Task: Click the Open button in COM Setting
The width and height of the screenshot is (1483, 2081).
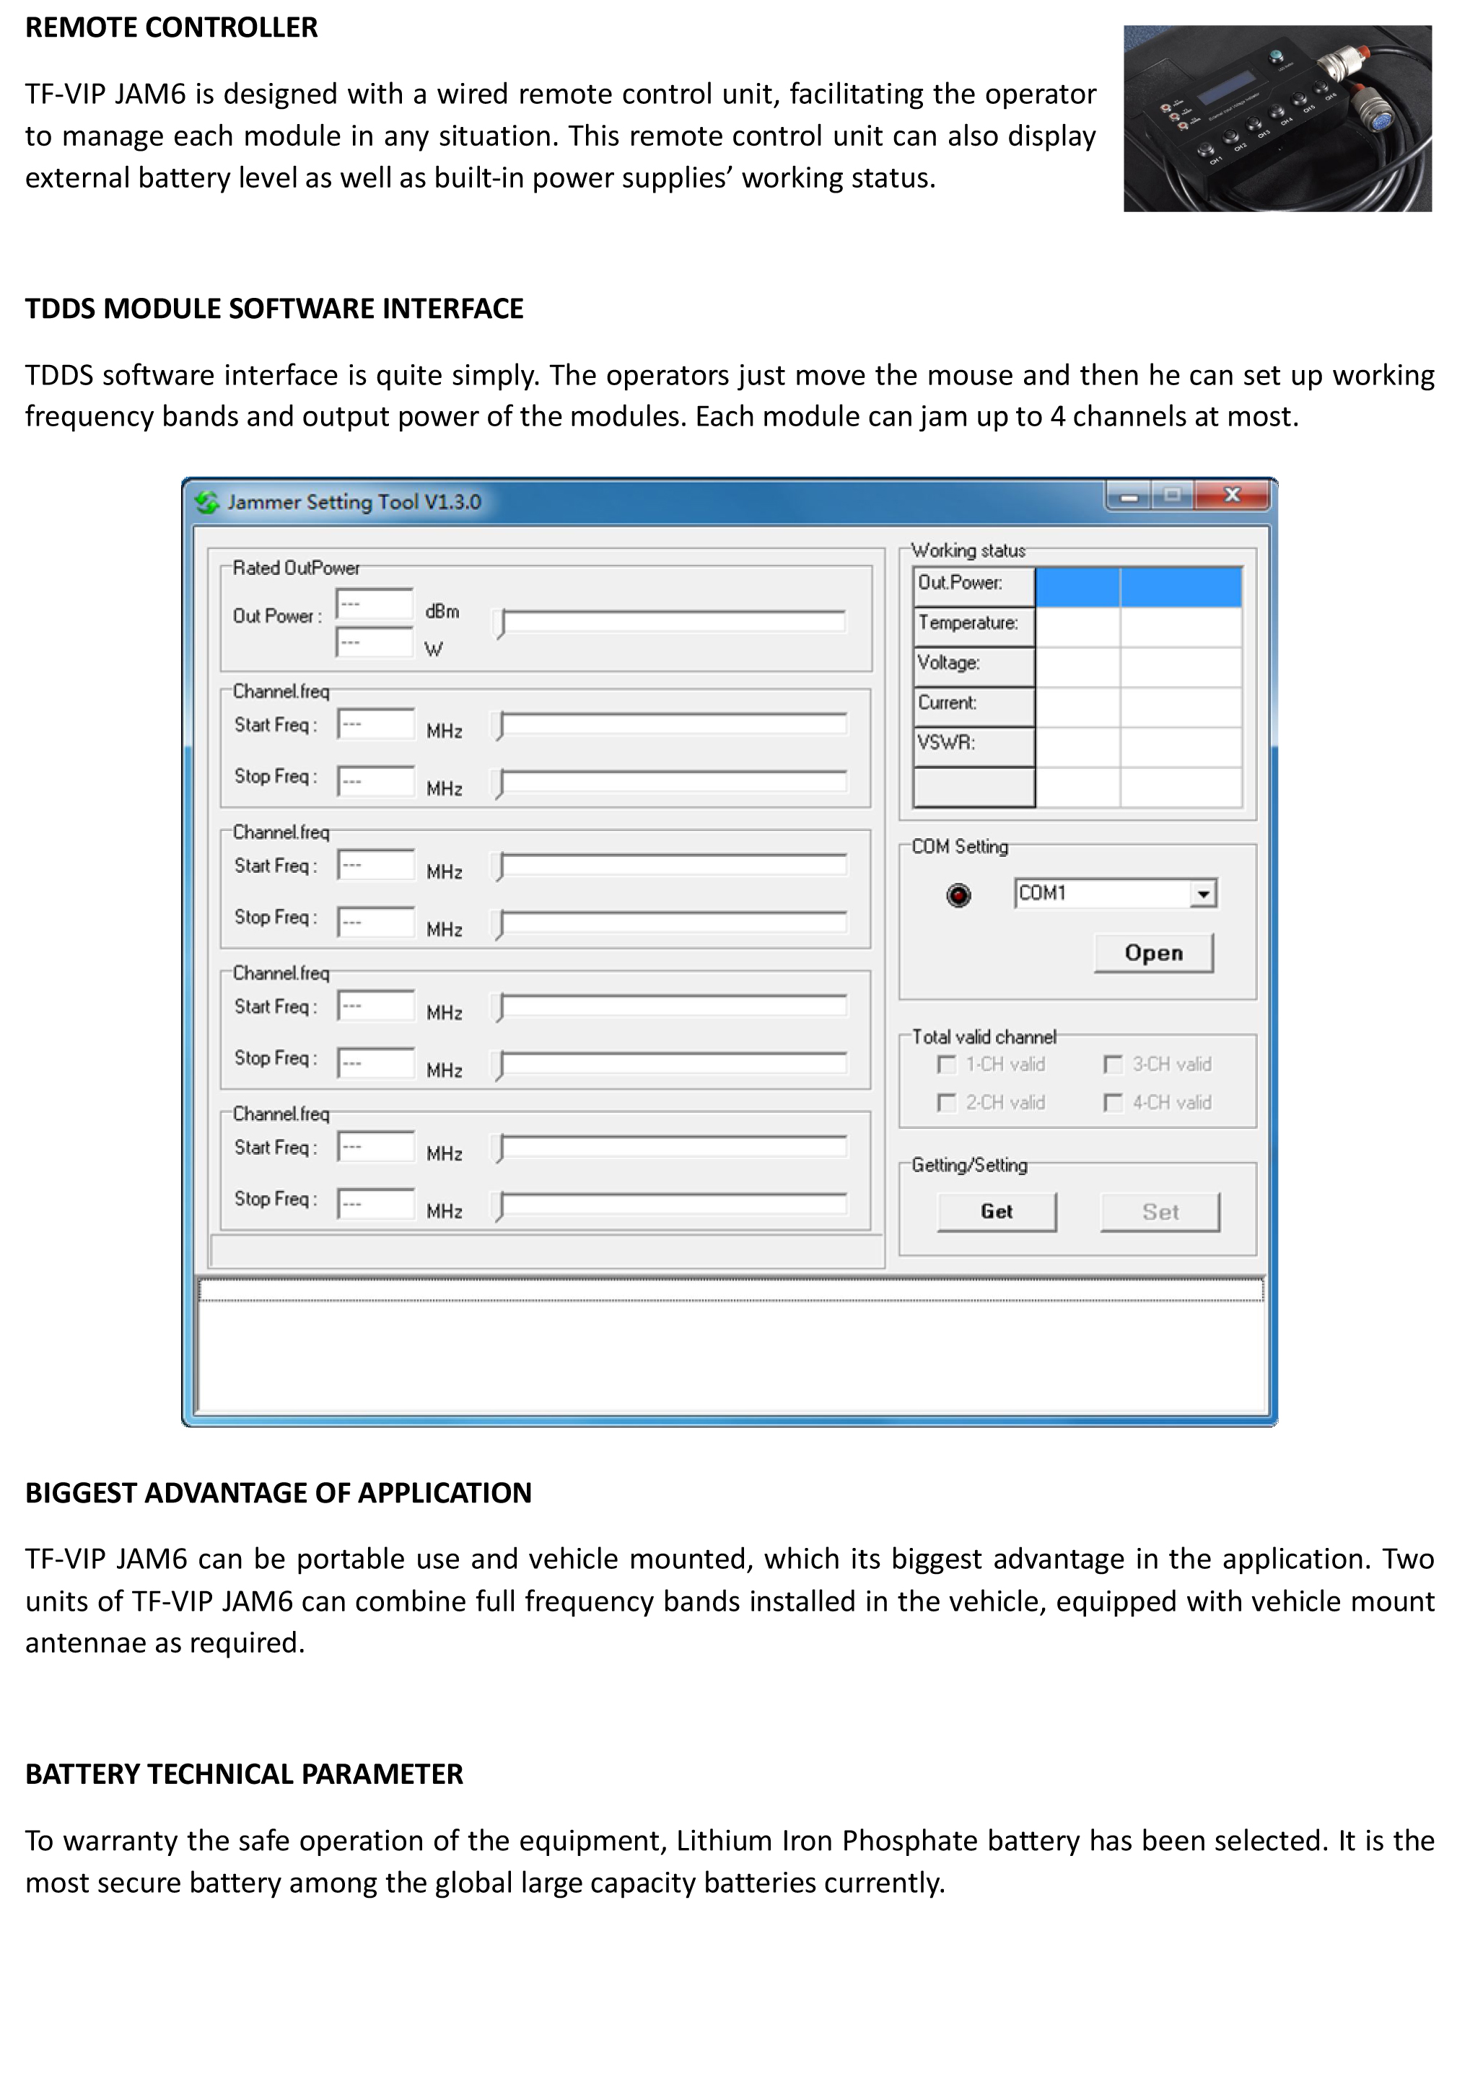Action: point(1153,953)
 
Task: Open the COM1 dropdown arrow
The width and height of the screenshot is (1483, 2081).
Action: point(1204,894)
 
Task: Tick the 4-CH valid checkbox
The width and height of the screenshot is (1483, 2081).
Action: point(1114,1103)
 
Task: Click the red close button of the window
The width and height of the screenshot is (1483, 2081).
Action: point(1233,496)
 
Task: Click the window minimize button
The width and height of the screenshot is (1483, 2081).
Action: point(1129,496)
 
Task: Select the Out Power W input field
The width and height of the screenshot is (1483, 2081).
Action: point(375,643)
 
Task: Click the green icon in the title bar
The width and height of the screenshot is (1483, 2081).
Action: point(207,502)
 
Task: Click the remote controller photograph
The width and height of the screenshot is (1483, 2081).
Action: point(1277,118)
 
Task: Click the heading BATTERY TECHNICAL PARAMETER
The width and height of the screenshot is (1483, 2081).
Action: point(244,1774)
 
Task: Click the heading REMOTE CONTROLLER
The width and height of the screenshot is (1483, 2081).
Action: point(172,27)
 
